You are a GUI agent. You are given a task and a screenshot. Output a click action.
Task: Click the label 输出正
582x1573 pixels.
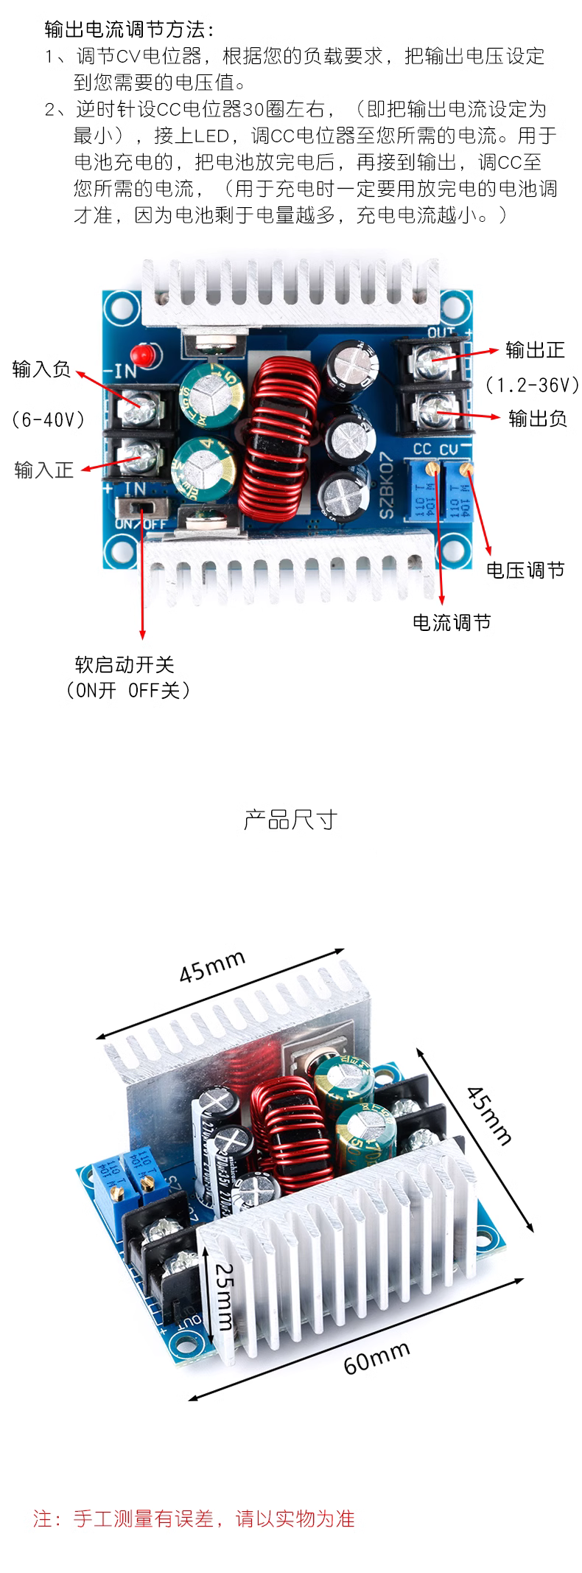pyautogui.click(x=535, y=350)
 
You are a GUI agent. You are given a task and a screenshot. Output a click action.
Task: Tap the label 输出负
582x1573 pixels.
pyautogui.click(x=538, y=419)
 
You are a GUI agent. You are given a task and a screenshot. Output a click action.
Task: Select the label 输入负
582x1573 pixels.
pyautogui.click(x=41, y=369)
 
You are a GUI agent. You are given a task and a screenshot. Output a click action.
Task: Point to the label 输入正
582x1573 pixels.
pyautogui.click(x=44, y=470)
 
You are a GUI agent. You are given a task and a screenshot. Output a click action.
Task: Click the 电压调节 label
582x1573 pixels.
pyautogui.click(x=525, y=570)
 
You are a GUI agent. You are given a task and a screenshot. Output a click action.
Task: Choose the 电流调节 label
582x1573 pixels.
pyautogui.click(x=452, y=622)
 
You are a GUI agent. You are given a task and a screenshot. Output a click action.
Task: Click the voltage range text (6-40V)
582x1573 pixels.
pyautogui.click(x=48, y=420)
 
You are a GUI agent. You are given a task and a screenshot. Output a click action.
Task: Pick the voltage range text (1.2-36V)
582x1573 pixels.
pyautogui.click(x=532, y=385)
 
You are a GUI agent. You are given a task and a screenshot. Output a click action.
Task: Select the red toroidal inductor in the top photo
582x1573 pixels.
pyautogui.click(x=278, y=436)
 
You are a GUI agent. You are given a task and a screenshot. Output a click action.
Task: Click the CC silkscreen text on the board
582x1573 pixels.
pyautogui.click(x=422, y=449)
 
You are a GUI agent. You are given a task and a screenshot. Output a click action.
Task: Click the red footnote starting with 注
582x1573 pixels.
pyautogui.click(x=194, y=1518)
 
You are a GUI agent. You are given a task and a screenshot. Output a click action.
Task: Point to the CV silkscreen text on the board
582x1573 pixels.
pyautogui.click(x=449, y=449)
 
